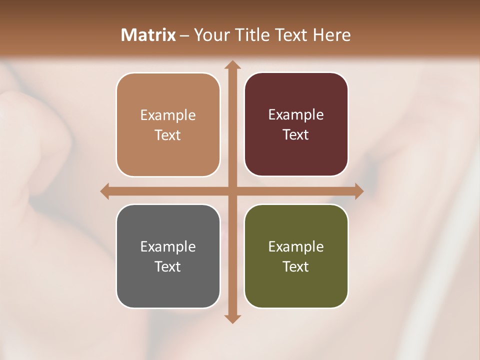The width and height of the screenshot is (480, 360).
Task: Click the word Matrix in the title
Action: [148, 35]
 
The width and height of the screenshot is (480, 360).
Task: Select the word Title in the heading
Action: [248, 35]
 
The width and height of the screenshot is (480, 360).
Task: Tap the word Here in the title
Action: [331, 35]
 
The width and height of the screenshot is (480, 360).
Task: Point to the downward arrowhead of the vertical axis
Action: [232, 318]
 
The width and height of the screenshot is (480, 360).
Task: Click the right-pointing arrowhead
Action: [358, 191]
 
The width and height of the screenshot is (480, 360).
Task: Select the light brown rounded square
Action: [168, 125]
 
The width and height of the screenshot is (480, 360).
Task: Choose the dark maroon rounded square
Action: [296, 124]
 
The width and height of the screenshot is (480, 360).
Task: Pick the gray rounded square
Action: [168, 256]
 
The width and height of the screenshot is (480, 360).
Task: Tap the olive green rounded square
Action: [296, 256]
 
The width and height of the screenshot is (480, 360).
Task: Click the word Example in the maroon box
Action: [296, 115]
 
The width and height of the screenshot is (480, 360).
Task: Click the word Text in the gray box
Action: [167, 266]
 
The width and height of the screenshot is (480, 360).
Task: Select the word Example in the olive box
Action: [296, 246]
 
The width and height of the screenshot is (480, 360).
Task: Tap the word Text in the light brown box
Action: [167, 135]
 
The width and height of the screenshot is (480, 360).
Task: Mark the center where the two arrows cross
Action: [232, 191]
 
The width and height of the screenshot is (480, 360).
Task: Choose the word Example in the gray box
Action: [168, 246]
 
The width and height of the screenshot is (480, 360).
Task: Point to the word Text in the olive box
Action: [295, 266]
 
